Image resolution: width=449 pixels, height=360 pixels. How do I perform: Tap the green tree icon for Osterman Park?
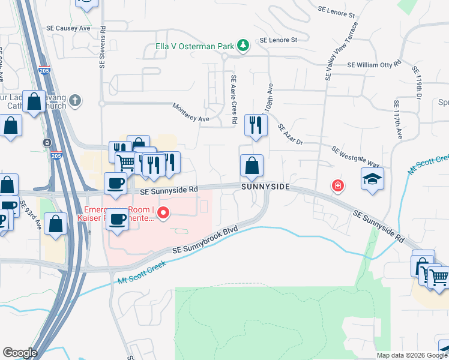click(x=243, y=45)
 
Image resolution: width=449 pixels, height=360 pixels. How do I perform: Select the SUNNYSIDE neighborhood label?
click(x=266, y=187)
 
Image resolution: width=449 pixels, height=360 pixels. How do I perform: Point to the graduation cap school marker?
click(x=372, y=179)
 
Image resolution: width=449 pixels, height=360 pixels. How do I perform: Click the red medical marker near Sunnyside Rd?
click(x=338, y=187)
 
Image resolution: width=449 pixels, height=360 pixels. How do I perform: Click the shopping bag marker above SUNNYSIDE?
click(x=252, y=166)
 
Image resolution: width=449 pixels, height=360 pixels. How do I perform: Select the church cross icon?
click(x=75, y=100)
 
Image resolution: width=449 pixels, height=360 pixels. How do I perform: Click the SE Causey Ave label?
click(x=68, y=28)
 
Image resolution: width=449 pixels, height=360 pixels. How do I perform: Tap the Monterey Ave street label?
click(x=191, y=113)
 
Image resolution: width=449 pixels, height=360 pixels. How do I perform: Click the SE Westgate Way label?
click(x=356, y=156)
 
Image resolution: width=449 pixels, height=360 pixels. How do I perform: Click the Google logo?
click(x=20, y=353)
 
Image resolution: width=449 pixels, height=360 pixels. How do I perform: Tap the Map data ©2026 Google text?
click(x=411, y=355)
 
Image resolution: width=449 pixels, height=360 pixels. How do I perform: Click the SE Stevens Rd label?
click(x=102, y=46)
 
